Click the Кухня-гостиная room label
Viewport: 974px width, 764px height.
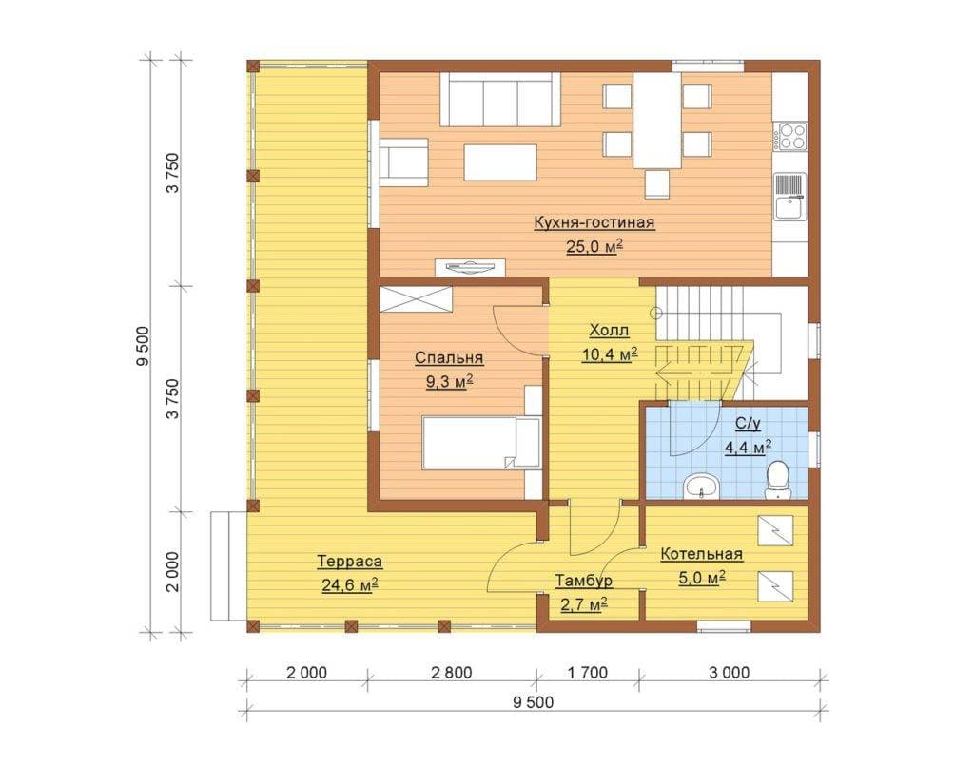[594, 222]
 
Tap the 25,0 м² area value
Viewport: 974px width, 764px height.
[594, 246]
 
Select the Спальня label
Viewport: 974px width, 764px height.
[449, 358]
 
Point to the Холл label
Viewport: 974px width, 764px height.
[609, 331]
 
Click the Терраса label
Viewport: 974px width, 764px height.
[350, 562]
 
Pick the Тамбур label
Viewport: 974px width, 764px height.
[583, 581]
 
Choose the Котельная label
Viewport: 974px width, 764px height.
[701, 554]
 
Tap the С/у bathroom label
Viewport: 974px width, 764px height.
[748, 424]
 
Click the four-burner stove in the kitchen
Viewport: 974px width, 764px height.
[790, 137]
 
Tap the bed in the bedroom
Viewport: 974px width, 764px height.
[480, 443]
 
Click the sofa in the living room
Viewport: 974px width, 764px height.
[500, 100]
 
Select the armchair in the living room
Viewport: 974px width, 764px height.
[403, 162]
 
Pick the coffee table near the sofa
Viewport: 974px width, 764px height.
[500, 162]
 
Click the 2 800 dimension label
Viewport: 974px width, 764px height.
[452, 673]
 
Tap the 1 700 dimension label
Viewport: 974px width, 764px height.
[588, 673]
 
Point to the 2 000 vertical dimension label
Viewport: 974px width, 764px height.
[173, 572]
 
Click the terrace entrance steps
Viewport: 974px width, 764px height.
[228, 565]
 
